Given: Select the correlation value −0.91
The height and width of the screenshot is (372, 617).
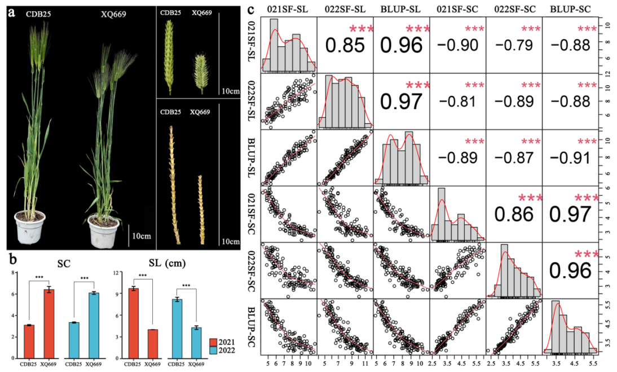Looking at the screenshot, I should [x=569, y=159].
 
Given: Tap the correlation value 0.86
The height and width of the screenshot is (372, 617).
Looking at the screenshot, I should [x=513, y=214].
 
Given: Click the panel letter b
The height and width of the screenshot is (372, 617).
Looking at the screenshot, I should [x=10, y=260].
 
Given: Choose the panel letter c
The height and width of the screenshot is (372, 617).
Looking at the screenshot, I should [x=250, y=10].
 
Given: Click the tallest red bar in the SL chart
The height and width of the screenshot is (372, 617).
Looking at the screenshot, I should [x=133, y=322].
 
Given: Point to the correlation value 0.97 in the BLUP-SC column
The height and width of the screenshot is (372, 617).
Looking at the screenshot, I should [x=569, y=214].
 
